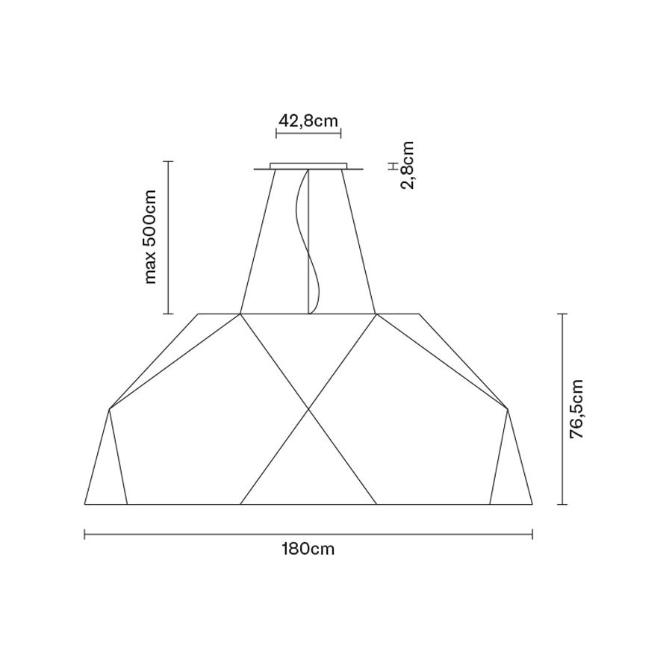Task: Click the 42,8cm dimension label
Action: click(x=308, y=121)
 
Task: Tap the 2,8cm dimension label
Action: click(x=408, y=165)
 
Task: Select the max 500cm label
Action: click(x=150, y=237)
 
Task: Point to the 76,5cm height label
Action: click(x=576, y=409)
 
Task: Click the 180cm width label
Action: click(x=308, y=549)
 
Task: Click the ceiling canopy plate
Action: click(x=308, y=166)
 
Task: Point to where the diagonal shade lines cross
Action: click(x=308, y=409)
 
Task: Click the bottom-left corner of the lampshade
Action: click(x=85, y=504)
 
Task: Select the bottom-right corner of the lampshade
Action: click(x=532, y=504)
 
